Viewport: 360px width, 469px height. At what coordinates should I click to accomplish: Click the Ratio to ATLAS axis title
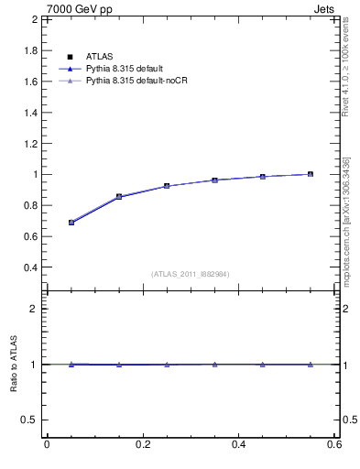pyautogui.click(x=14, y=365)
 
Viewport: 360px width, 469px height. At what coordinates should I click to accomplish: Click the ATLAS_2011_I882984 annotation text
pyautogui.click(x=191, y=274)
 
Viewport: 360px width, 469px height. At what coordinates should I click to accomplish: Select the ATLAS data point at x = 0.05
pyautogui.click(x=71, y=223)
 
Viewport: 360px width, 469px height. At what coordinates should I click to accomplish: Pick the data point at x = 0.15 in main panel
pyautogui.click(x=119, y=196)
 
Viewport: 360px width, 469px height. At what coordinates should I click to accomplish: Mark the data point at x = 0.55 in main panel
pyautogui.click(x=311, y=174)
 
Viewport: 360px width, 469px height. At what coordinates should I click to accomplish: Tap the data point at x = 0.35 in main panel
pyautogui.click(x=214, y=180)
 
